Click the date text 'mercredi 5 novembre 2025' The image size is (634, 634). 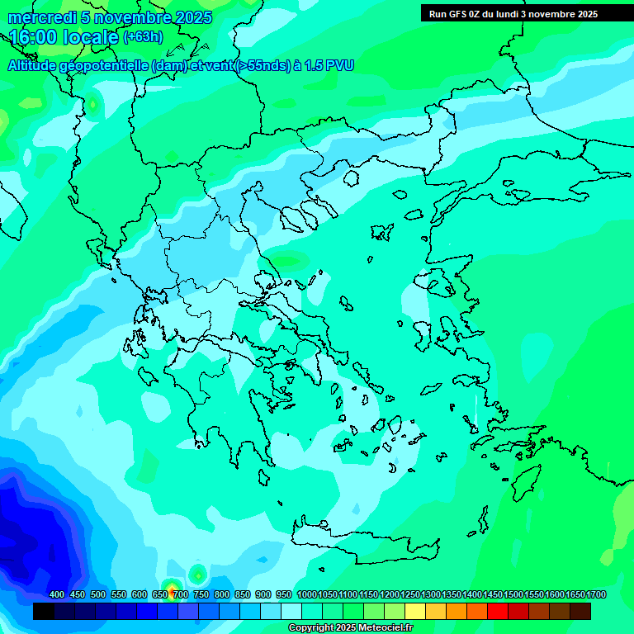point(109,17)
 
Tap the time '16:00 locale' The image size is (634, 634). point(64,37)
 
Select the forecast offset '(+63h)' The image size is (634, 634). point(143,37)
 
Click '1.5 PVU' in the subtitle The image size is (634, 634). point(329,66)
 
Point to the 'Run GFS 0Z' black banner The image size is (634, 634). point(513,13)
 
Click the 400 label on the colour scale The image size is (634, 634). point(57,594)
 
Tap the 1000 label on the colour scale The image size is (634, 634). point(306,594)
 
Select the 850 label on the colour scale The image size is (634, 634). point(243,594)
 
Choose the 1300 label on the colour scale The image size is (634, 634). point(431,594)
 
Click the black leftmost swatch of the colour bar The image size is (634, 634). point(44,612)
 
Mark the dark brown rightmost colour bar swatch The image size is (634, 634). point(580,612)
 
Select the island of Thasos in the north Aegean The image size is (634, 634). point(351,177)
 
